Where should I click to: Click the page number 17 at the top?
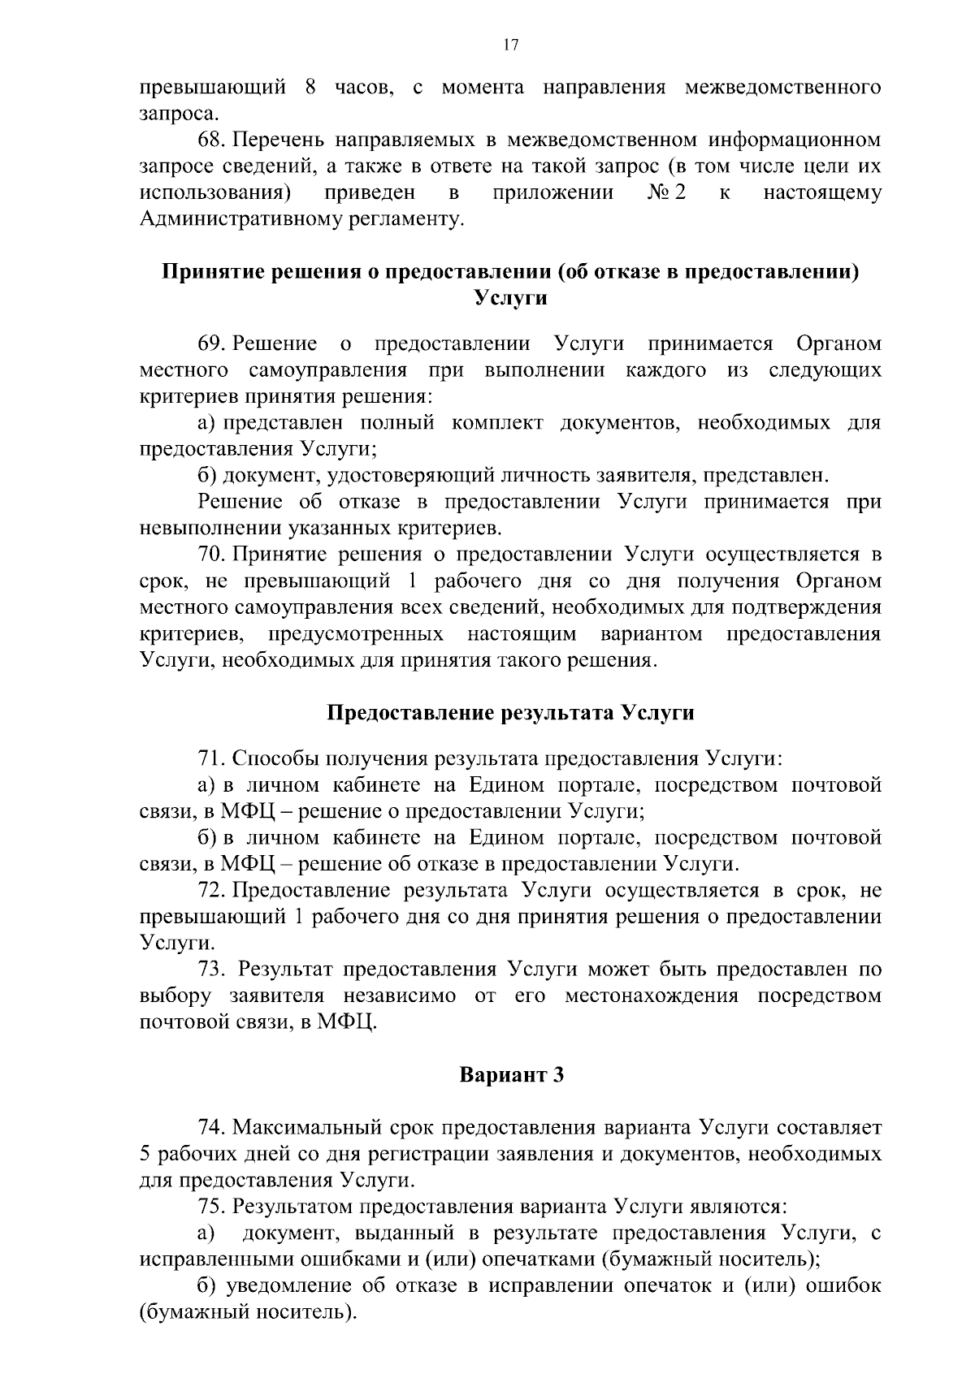coord(510,45)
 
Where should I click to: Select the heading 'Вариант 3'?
coord(511,1075)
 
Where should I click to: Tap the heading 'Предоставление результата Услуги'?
coord(510,713)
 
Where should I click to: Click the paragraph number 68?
coord(212,140)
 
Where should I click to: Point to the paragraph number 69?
coord(212,344)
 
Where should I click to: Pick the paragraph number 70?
coord(212,555)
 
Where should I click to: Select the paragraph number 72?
coord(212,891)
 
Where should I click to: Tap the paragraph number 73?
coord(212,970)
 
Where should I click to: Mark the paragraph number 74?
coord(212,1128)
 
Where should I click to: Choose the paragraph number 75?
coord(212,1207)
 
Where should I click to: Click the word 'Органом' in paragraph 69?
coord(838,344)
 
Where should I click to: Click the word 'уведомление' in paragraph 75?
coord(285,1286)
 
